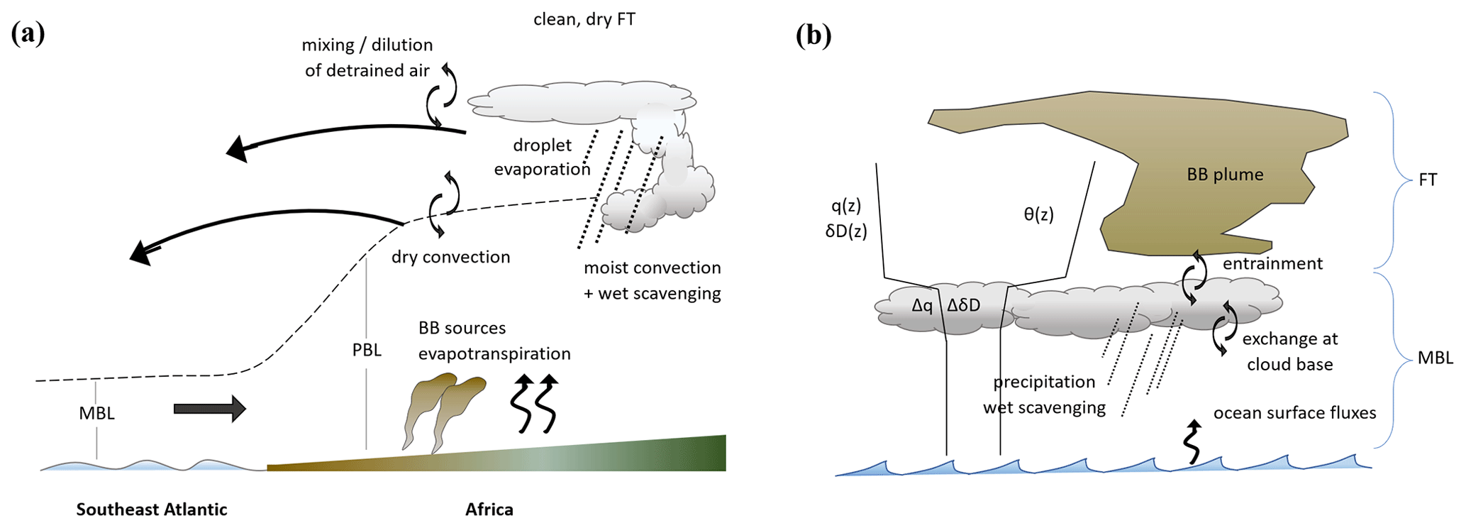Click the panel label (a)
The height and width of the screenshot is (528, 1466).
pyautogui.click(x=28, y=34)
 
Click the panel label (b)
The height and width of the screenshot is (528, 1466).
pyautogui.click(x=813, y=35)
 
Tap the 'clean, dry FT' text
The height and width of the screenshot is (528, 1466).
pyautogui.click(x=584, y=19)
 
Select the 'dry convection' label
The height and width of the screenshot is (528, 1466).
pyautogui.click(x=450, y=257)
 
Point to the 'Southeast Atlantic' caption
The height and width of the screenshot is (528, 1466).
pyautogui.click(x=152, y=509)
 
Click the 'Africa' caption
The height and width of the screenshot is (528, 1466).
pyautogui.click(x=489, y=509)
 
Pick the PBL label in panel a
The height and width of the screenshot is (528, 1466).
pyautogui.click(x=367, y=350)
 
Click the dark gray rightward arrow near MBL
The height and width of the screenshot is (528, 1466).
pyautogui.click(x=209, y=409)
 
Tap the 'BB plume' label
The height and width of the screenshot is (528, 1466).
pyautogui.click(x=1225, y=175)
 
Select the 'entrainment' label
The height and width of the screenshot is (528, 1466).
pyautogui.click(x=1272, y=264)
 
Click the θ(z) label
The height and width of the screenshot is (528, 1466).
pyautogui.click(x=1038, y=214)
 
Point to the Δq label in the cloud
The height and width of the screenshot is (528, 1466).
pyautogui.click(x=922, y=306)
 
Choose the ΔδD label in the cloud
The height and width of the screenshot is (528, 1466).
pyautogui.click(x=964, y=306)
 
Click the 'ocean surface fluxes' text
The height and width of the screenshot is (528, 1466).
pyautogui.click(x=1294, y=413)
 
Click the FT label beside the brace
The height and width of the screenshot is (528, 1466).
pyautogui.click(x=1427, y=180)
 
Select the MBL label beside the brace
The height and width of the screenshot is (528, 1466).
pyautogui.click(x=1435, y=358)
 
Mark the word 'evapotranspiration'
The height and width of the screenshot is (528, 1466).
pyautogui.click(x=494, y=353)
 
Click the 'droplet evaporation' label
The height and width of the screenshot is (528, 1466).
pyautogui.click(x=542, y=157)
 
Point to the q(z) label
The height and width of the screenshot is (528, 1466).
pyautogui.click(x=846, y=206)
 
